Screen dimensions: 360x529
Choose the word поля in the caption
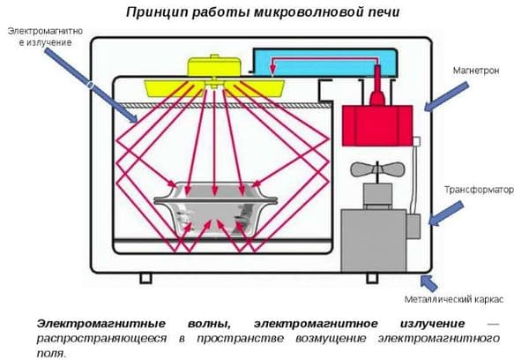(x=52, y=352)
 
